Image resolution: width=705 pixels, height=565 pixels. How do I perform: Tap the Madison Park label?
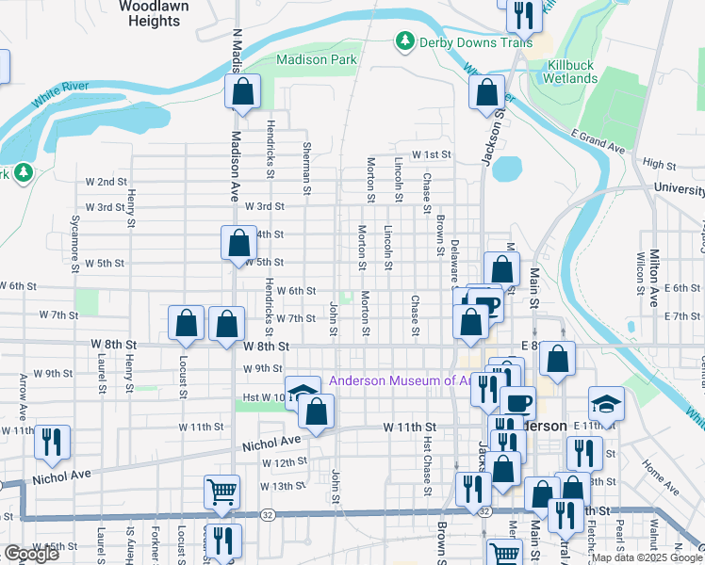pyautogui.click(x=316, y=59)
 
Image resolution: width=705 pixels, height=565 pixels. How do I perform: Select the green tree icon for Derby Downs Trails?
pyautogui.click(x=404, y=40)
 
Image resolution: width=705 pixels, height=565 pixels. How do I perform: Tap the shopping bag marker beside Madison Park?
pyautogui.click(x=242, y=92)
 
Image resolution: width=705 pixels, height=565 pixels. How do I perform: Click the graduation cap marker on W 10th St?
pyautogui.click(x=302, y=393)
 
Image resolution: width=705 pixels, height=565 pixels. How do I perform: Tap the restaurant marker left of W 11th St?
pyautogui.click(x=51, y=441)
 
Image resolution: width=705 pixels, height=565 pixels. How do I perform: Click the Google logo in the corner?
pyautogui.click(x=31, y=553)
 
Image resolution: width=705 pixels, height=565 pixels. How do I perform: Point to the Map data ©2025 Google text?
pyautogui.click(x=647, y=557)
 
